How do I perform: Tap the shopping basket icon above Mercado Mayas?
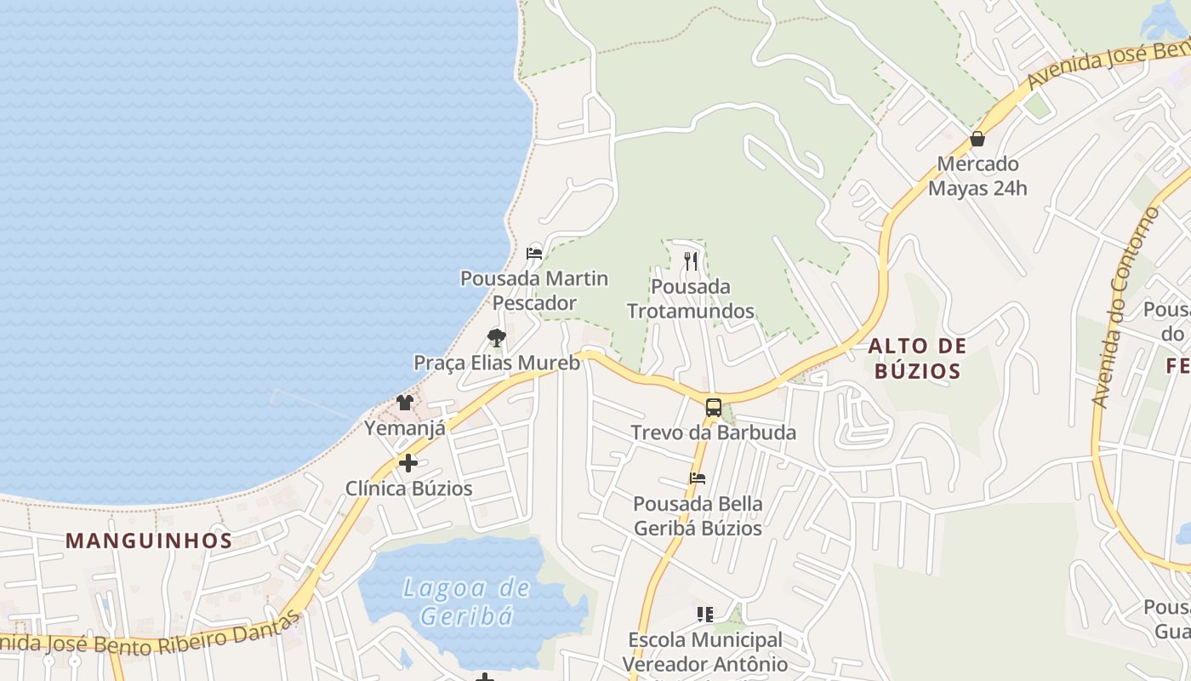(977, 139)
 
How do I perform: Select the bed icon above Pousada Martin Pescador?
(534, 253)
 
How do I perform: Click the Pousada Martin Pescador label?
(534, 290)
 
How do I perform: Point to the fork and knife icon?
(691, 261)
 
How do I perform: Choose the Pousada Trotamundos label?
(691, 299)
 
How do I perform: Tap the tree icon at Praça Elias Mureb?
(497, 338)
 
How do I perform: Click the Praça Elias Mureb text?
(497, 363)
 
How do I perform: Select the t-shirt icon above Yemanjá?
(405, 403)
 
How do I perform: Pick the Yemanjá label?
(405, 427)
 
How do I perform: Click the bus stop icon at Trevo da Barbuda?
(714, 407)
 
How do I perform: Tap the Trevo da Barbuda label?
(714, 432)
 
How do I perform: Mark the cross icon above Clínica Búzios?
(408, 463)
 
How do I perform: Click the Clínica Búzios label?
(408, 489)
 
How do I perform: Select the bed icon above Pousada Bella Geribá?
(698, 478)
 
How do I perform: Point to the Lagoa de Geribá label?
(466, 601)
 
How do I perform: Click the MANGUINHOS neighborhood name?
(149, 541)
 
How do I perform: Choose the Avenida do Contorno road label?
(1125, 306)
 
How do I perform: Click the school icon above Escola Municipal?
(704, 614)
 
